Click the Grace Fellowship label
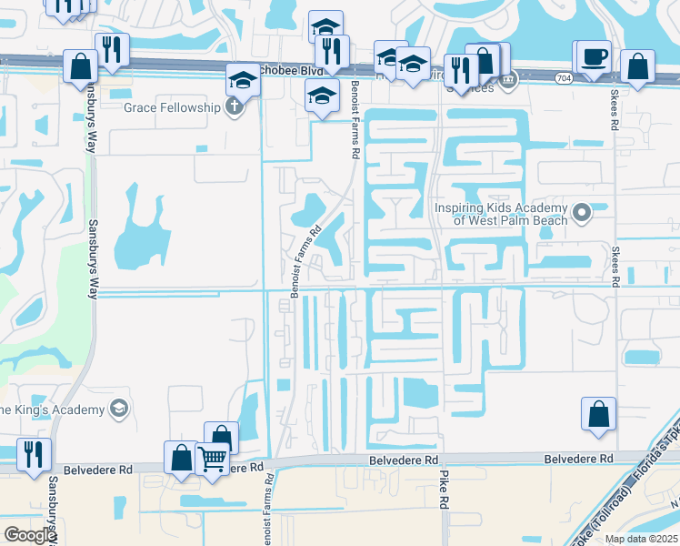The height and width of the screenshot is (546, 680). tap(172, 107)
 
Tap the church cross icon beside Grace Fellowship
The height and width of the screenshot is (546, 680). tap(235, 107)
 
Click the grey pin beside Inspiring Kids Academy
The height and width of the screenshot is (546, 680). tap(584, 214)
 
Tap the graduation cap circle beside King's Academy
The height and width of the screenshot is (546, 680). tap(117, 409)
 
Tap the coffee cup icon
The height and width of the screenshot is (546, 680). tap(594, 57)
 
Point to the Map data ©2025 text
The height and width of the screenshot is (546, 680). tap(641, 539)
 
